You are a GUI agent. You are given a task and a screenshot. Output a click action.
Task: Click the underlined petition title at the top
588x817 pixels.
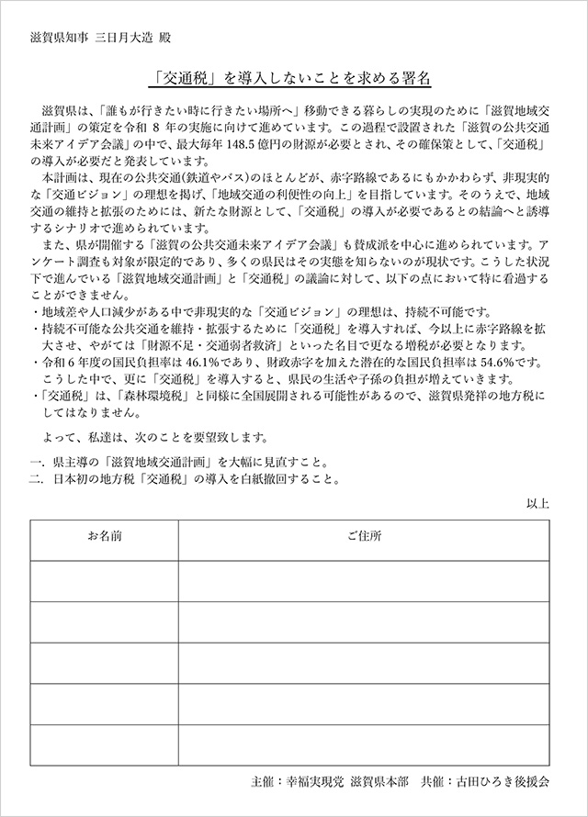click(294, 79)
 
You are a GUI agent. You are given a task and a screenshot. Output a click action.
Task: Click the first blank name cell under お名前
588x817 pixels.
click(104, 580)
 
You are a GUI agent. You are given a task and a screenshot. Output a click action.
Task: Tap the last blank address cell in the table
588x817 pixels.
click(365, 745)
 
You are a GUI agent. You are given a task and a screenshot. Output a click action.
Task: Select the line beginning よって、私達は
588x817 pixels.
click(156, 435)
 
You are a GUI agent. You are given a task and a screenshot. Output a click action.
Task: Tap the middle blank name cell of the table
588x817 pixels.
click(104, 663)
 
